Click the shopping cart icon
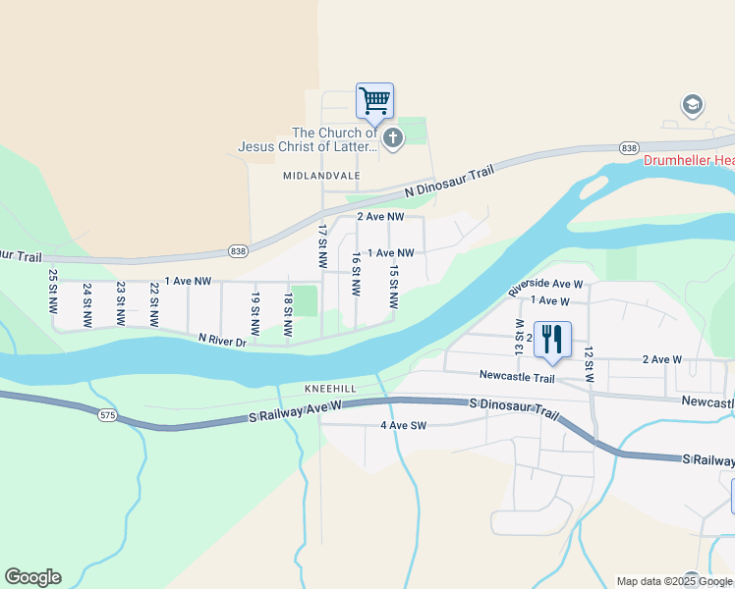pyautogui.click(x=374, y=100)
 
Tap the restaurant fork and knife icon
pyautogui.click(x=552, y=340)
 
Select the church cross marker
pyautogui.click(x=393, y=137)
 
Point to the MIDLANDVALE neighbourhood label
pyautogui.click(x=321, y=176)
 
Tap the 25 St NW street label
pyautogui.click(x=53, y=293)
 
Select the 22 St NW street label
pyautogui.click(x=154, y=304)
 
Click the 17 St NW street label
pyautogui.click(x=322, y=247)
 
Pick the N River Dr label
pyautogui.click(x=221, y=340)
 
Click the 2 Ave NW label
pyautogui.click(x=380, y=216)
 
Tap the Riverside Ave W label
pyautogui.click(x=545, y=284)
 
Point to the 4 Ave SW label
pyautogui.click(x=404, y=426)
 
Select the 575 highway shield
pyautogui.click(x=107, y=416)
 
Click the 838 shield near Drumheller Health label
pyautogui.click(x=629, y=147)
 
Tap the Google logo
pyautogui.click(x=32, y=577)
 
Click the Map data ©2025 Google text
pyautogui.click(x=674, y=581)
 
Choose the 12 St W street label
pyautogui.click(x=589, y=364)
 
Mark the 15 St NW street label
pyautogui.click(x=393, y=287)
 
